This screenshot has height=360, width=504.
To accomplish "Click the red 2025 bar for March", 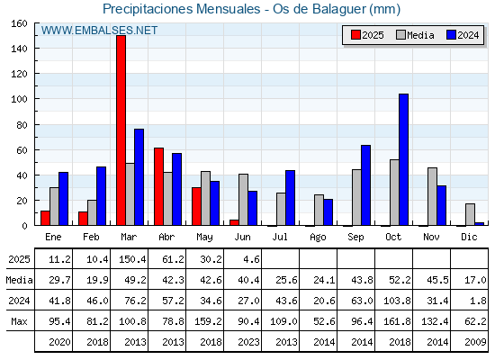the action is [x=121, y=130].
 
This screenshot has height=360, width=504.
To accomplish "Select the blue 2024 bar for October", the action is [x=403, y=159].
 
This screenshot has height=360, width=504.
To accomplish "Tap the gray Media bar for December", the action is [x=470, y=214].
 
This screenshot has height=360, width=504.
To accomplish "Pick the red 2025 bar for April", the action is [x=158, y=186].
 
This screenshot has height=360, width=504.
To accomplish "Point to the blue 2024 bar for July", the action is [x=290, y=198].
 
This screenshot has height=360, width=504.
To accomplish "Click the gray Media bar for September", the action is [x=356, y=197].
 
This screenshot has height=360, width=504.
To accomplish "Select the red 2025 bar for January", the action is [x=45, y=218].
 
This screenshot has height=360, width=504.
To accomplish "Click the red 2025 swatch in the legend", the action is [x=355, y=35].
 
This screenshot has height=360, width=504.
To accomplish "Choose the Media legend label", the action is [x=420, y=35].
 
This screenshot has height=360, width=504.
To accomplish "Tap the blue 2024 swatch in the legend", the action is [x=451, y=35].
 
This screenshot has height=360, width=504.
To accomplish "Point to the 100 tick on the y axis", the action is [x=36, y=99].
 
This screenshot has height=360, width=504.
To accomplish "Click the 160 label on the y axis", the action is [x=19, y=23].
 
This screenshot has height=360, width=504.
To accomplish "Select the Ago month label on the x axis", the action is [x=318, y=238].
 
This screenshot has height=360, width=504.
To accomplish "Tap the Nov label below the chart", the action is [x=431, y=237].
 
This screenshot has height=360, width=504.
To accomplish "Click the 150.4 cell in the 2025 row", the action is [x=132, y=259].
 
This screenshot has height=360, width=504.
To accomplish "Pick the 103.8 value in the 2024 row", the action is [x=397, y=301].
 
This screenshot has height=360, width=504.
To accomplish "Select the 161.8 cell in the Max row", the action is [x=397, y=321].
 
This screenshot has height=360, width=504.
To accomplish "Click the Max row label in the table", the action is [x=19, y=321].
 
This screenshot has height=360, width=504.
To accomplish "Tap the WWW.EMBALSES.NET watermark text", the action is [x=99, y=31].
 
